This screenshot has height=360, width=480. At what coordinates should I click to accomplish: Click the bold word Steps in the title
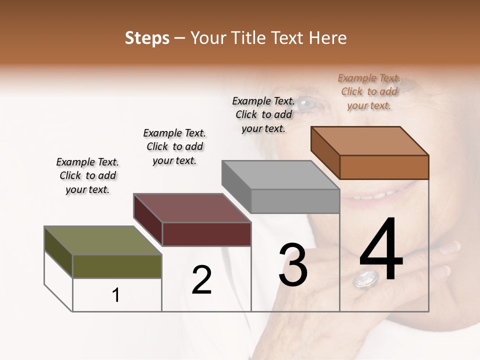click(x=147, y=38)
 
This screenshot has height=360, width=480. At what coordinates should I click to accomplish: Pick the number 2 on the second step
click(x=201, y=280)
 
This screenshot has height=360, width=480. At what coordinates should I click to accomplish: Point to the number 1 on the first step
click(x=116, y=295)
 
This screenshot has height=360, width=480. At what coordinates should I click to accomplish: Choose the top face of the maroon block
click(x=192, y=208)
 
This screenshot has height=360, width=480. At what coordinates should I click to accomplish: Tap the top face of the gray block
click(x=280, y=175)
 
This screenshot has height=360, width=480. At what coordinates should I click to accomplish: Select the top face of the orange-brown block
click(x=369, y=141)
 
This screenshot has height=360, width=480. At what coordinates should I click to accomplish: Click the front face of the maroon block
click(x=206, y=234)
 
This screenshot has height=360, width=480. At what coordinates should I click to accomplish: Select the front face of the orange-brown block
click(x=384, y=167)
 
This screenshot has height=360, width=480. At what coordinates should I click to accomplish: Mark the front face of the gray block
click(x=295, y=201)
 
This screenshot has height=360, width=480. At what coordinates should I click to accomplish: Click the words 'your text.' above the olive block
click(x=87, y=189)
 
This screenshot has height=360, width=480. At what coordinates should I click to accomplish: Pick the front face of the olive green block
click(x=117, y=266)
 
